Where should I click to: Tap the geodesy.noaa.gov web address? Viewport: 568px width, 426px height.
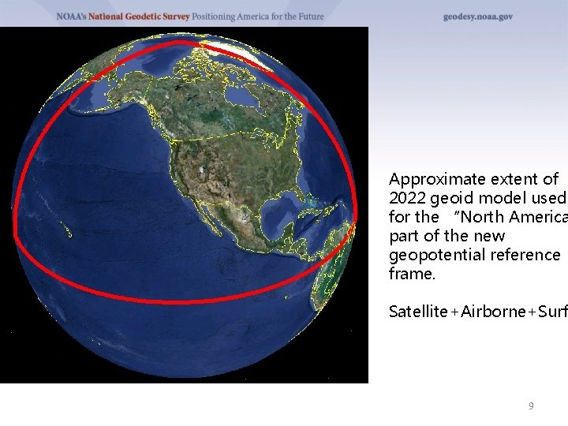coord(477,16)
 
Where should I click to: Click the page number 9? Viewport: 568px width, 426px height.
coord(531,405)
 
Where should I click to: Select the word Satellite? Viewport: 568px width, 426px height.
coord(417,312)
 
